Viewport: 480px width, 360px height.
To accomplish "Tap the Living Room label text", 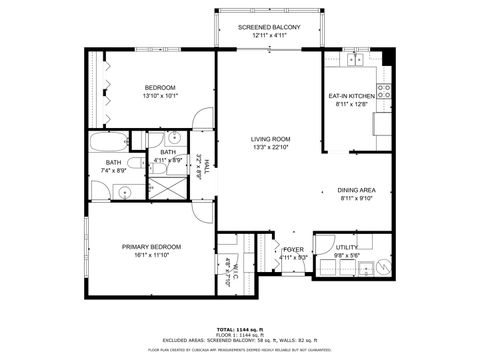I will pyautogui.click(x=270, y=139).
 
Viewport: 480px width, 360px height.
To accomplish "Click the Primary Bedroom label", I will pyautogui.click(x=151, y=246).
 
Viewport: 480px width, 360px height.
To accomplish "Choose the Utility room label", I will pyautogui.click(x=347, y=246).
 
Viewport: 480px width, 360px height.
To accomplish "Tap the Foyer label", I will pyautogui.click(x=293, y=249).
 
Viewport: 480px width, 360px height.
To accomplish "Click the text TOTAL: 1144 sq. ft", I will pyautogui.click(x=239, y=329).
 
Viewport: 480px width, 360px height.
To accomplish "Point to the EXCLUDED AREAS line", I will pyautogui.click(x=240, y=341).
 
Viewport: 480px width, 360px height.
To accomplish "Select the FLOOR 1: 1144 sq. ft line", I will pyautogui.click(x=239, y=335).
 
